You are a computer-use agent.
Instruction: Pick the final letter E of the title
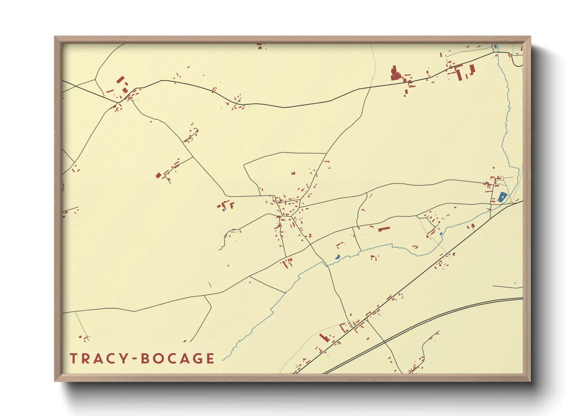210,359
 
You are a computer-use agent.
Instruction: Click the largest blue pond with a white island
502,197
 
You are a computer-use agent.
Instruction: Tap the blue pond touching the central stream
337,257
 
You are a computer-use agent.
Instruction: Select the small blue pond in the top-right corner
495,47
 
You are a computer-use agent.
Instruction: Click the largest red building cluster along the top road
395,74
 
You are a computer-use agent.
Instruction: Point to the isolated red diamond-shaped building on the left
158,175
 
